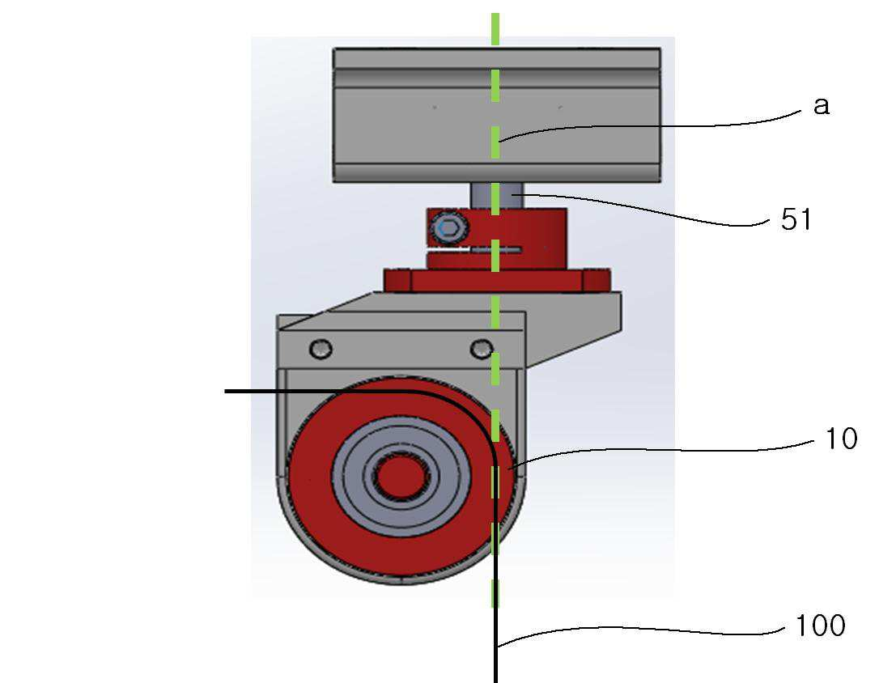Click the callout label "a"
(x=822, y=106)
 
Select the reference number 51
(x=796, y=219)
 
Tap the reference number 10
(x=841, y=439)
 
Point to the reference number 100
(x=820, y=626)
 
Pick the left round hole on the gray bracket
(x=321, y=348)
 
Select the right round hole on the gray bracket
(x=481, y=348)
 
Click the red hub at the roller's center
(x=401, y=477)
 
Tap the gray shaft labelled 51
(x=497, y=195)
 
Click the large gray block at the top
(x=497, y=116)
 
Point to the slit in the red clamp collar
(x=474, y=250)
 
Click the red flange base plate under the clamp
(x=497, y=281)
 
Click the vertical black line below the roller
(x=495, y=600)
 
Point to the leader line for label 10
(x=663, y=450)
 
